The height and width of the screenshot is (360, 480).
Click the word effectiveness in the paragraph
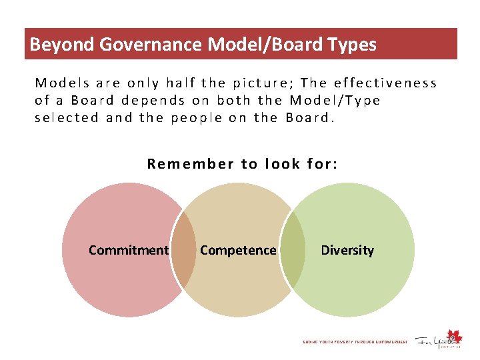point(385,83)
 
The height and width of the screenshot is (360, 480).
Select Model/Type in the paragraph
point(335,101)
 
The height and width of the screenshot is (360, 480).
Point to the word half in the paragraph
point(181,83)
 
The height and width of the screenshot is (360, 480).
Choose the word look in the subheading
point(282,164)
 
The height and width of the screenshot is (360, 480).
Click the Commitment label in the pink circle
point(129,250)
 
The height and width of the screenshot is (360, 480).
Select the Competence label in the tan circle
point(238,250)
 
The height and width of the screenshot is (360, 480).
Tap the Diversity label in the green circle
point(347,250)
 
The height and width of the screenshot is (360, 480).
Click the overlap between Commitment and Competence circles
point(183,250)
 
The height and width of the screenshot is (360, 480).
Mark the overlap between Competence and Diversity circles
point(292,250)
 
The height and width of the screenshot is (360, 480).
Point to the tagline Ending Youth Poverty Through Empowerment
point(355,342)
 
